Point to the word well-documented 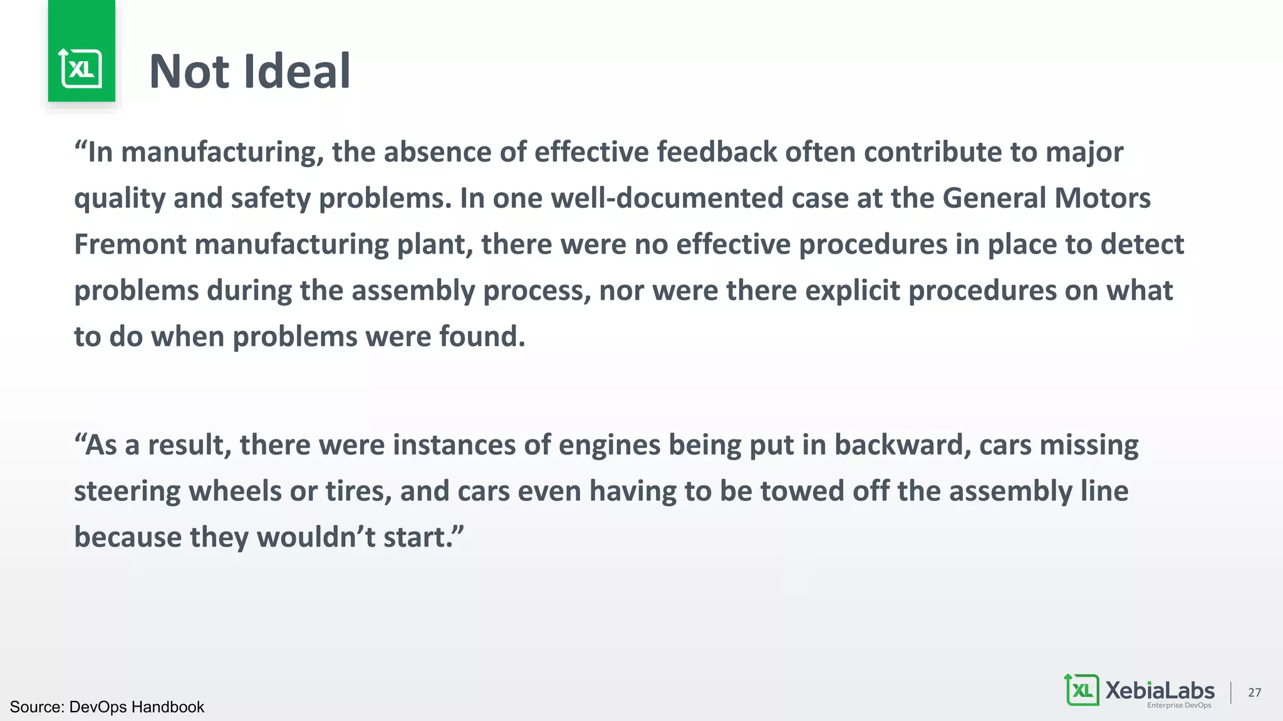tap(667, 198)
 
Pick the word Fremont tap(130, 244)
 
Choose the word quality tap(120, 199)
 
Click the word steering tap(127, 492)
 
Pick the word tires tap(358, 491)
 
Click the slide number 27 tap(1254, 692)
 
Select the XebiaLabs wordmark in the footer tap(1160, 690)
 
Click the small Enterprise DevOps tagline tap(1179, 705)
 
